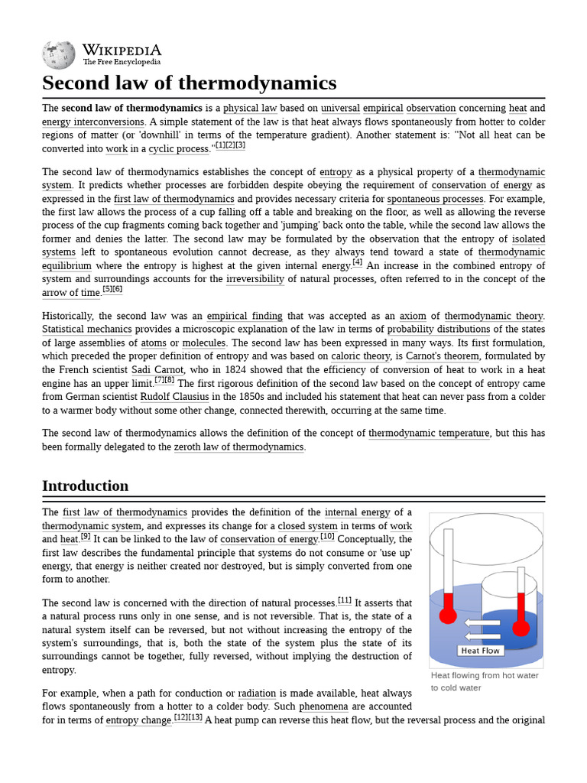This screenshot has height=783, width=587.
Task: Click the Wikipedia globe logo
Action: [x=58, y=55]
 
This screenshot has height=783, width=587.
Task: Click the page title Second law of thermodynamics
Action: [x=189, y=83]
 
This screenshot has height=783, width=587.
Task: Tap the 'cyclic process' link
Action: [x=178, y=149]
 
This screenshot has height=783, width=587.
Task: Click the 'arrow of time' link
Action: [x=71, y=293]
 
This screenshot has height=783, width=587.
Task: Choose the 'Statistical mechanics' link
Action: [x=84, y=330]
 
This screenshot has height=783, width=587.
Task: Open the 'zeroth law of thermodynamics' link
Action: [x=238, y=447]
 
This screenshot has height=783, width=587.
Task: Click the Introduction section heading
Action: [x=85, y=486]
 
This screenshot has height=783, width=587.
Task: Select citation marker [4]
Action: [x=357, y=263]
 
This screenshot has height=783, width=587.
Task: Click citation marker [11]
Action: [x=345, y=600]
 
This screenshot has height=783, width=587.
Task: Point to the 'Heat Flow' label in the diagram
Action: [x=480, y=651]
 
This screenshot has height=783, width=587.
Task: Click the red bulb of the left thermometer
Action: [x=448, y=615]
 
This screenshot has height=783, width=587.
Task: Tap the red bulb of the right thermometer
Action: [x=521, y=628]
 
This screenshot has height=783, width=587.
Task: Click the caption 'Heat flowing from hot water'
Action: [x=485, y=675]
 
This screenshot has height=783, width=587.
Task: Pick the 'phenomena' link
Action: [x=323, y=707]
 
